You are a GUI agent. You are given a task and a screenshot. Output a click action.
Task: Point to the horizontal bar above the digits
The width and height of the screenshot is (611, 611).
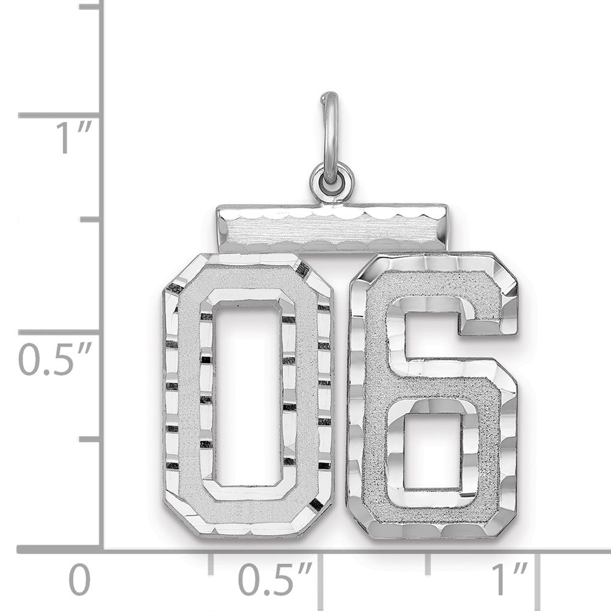[x=332, y=229]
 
